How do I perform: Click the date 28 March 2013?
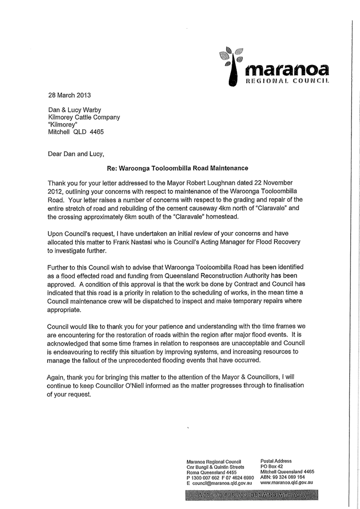[x=69, y=96]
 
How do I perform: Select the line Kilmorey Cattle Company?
[x=84, y=117]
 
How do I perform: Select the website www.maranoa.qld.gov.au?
[x=286, y=482]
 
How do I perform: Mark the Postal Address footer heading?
[x=276, y=461]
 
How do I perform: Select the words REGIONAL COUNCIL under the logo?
[x=286, y=82]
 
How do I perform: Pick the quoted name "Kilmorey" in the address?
[x=63, y=124]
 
